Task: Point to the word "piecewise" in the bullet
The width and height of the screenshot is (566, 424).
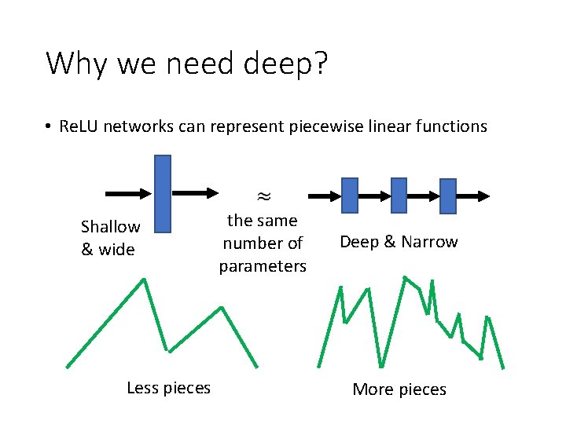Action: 325,126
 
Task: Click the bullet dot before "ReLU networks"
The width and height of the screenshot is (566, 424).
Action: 48,127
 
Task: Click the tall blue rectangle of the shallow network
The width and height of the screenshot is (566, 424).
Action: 162,193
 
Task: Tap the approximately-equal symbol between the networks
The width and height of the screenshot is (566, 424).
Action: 262,193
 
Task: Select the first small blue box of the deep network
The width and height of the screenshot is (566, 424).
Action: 350,196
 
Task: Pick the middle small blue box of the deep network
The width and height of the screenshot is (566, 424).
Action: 399,196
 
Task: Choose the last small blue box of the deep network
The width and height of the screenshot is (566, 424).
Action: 447,196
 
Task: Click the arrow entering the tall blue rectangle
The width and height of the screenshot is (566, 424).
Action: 127,193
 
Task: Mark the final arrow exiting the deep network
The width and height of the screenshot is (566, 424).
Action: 474,196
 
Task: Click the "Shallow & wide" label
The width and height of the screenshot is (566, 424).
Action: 110,238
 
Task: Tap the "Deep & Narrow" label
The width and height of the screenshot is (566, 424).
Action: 398,242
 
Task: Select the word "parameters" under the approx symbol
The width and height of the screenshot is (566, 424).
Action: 263,266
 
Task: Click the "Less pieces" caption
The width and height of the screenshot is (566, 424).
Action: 168,387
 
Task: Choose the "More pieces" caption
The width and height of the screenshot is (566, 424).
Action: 399,389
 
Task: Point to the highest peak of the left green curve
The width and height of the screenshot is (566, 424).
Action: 144,280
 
